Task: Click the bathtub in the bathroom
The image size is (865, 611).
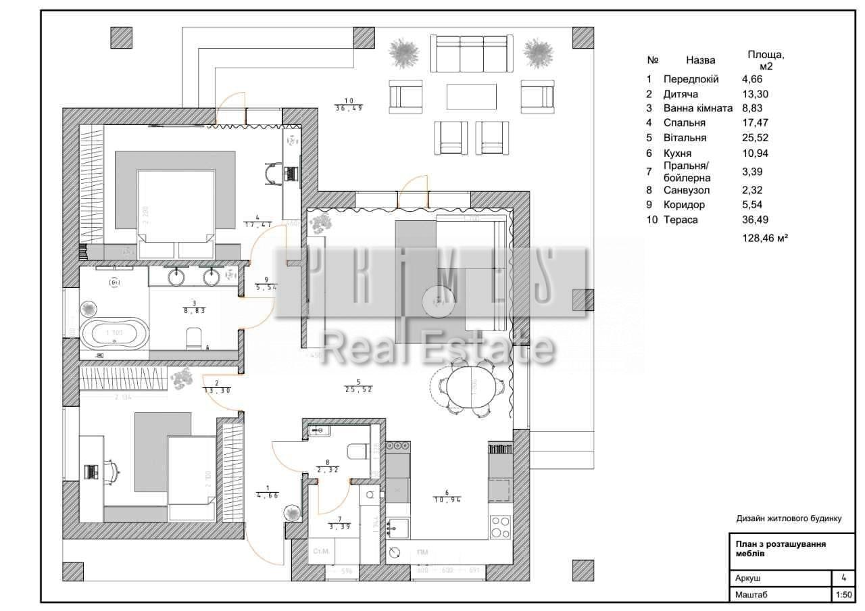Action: pyautogui.click(x=114, y=334)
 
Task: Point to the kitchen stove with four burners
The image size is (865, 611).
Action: pyautogui.click(x=500, y=526)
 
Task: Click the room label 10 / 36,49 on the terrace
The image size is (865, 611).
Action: pyautogui.click(x=349, y=105)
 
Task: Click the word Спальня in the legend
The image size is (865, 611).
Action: pyautogui.click(x=684, y=123)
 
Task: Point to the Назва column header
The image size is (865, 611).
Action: pyautogui.click(x=700, y=60)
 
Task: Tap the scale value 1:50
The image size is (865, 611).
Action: pyautogui.click(x=843, y=595)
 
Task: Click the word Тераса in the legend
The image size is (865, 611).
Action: pyautogui.click(x=681, y=220)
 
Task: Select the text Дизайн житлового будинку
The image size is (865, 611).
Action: pyautogui.click(x=789, y=518)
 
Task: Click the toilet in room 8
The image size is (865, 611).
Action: pyautogui.click(x=355, y=451)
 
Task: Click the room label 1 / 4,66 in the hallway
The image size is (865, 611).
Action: pyautogui.click(x=268, y=491)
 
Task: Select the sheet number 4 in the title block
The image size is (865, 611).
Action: pyautogui.click(x=843, y=578)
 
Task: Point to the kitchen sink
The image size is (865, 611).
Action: pyautogui.click(x=398, y=527)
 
